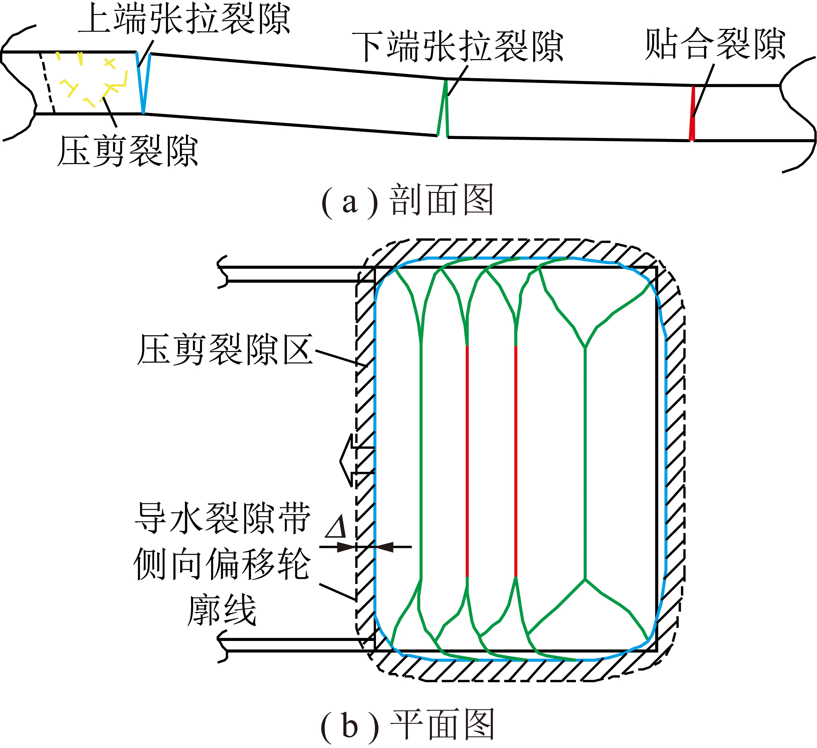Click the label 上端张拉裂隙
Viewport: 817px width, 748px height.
click(x=184, y=19)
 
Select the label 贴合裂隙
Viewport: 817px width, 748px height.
click(x=715, y=44)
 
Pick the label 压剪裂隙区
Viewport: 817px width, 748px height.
click(x=225, y=350)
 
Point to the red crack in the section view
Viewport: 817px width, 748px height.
click(x=692, y=113)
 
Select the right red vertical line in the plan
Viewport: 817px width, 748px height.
click(x=516, y=461)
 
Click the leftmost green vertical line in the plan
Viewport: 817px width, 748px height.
click(x=422, y=461)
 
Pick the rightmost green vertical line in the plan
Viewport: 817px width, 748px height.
click(x=585, y=463)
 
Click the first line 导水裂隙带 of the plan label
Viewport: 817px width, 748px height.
click(x=222, y=518)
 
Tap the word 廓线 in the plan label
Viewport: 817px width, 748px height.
click(x=222, y=610)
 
